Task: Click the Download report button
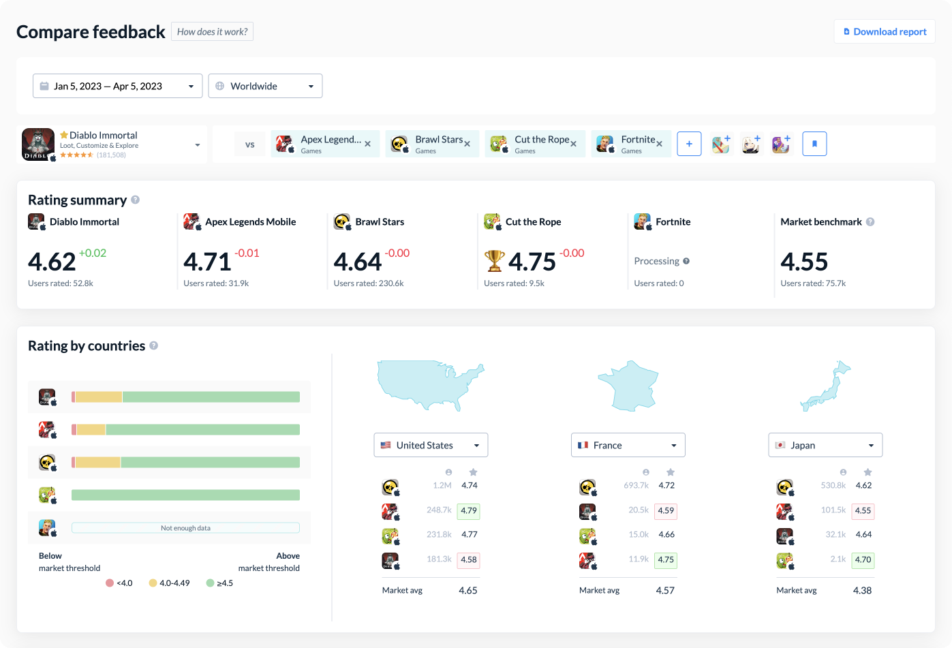885,31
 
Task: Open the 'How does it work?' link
212,31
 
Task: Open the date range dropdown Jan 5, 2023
117,86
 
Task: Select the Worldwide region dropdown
264,86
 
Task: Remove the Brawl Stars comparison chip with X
467,144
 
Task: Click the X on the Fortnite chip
659,144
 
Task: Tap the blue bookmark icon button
814,144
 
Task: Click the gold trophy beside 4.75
494,261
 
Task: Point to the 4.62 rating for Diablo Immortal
52,262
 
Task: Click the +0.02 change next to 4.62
93,253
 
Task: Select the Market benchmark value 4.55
804,262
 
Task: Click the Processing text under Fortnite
656,261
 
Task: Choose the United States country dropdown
431,445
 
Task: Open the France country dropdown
628,445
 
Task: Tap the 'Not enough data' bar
185,527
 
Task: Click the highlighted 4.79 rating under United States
469,510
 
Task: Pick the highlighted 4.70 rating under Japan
863,559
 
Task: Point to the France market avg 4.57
664,590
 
